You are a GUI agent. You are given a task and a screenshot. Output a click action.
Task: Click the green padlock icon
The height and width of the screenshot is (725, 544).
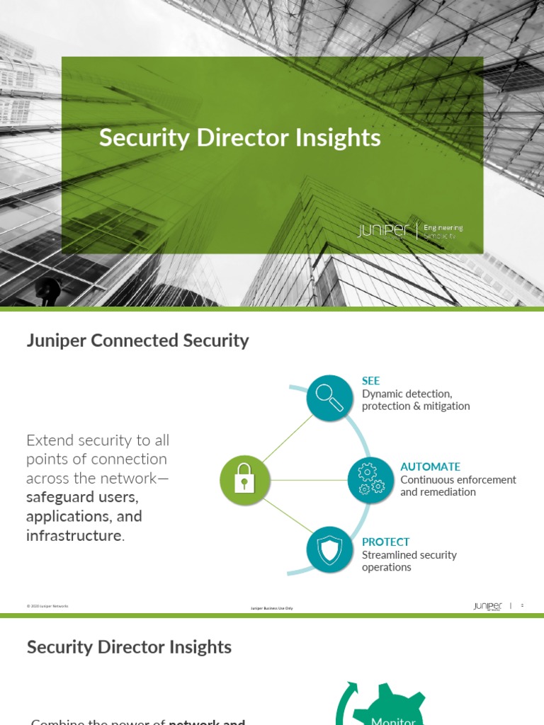click(x=244, y=480)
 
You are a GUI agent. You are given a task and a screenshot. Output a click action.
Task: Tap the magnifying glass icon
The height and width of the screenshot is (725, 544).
click(x=329, y=399)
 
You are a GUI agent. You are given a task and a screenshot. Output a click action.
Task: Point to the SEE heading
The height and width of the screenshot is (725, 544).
click(x=370, y=381)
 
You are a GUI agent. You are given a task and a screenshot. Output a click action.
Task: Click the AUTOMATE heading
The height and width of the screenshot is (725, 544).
click(x=430, y=467)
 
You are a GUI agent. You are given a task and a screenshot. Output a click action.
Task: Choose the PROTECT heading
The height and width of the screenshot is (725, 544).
click(x=385, y=542)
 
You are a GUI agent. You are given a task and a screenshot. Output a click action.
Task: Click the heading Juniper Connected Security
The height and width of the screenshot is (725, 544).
click(x=137, y=341)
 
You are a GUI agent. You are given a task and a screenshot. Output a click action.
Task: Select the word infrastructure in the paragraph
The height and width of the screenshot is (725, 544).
click(x=74, y=535)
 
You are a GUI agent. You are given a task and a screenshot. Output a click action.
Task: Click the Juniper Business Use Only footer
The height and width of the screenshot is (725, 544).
click(x=272, y=608)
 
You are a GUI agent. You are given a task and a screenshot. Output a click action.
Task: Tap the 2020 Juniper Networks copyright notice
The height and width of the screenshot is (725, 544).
click(x=47, y=606)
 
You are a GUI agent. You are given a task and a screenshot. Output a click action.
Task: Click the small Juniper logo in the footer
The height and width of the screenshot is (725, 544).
click(x=487, y=606)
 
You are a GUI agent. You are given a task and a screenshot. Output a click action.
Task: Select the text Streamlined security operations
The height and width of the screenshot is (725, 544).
click(x=409, y=561)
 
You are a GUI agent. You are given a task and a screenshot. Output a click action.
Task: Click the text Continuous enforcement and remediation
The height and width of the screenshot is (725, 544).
click(x=458, y=486)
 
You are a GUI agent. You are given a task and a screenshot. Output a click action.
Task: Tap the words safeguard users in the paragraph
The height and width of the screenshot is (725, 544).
click(x=82, y=497)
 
